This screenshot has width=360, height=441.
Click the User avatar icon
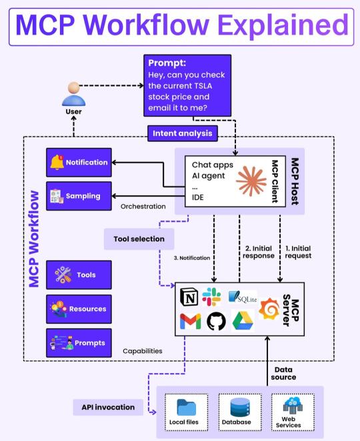click(73, 94)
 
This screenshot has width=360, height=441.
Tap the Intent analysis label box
click(183, 133)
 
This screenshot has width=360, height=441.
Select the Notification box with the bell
click(79, 163)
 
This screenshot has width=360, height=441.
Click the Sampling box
click(79, 196)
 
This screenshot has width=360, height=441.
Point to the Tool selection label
click(139, 239)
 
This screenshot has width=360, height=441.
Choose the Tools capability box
click(79, 274)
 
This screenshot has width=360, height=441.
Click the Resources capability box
click(79, 309)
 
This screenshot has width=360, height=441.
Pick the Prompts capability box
click(79, 343)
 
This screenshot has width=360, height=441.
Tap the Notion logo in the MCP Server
click(189, 297)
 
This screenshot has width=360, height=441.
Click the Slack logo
click(211, 296)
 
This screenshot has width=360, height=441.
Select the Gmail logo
click(190, 321)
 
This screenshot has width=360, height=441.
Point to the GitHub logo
click(216, 321)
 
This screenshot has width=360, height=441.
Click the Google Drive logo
click(243, 320)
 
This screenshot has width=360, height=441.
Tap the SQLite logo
click(243, 297)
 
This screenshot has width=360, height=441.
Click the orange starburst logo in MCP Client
click(251, 181)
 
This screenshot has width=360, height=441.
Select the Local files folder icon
click(186, 407)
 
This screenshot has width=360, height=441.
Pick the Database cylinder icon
click(240, 407)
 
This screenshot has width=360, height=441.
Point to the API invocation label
click(108, 407)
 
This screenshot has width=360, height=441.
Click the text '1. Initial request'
click(298, 252)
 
